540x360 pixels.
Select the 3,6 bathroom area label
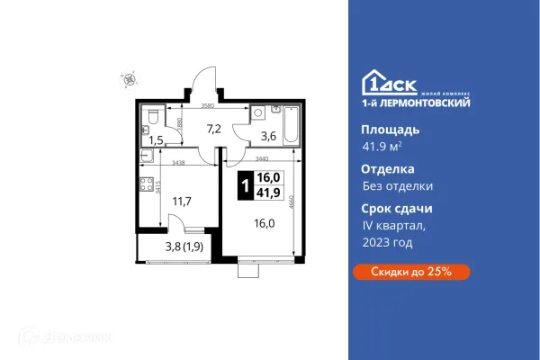pos(268,137)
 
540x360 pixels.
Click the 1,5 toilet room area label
pos(157,139)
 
